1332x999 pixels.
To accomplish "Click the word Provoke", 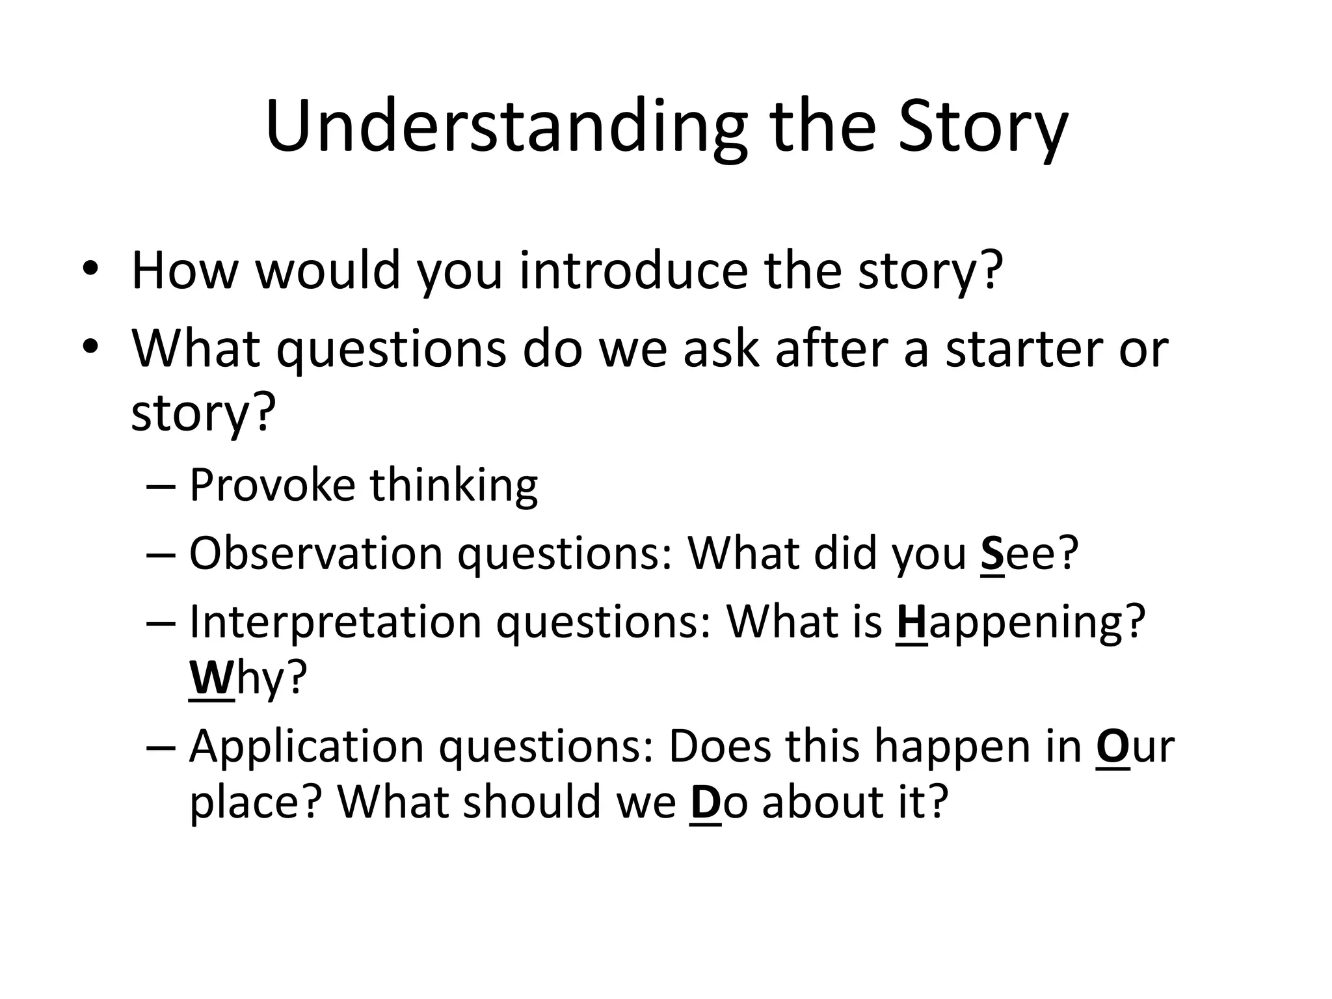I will click(272, 485).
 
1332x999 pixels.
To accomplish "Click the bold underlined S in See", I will click(992, 553).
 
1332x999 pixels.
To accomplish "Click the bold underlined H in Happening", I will click(911, 622).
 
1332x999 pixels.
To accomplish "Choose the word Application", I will click(306, 747).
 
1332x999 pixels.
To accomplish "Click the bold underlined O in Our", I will click(1112, 747).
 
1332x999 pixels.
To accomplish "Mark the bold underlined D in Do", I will click(705, 802).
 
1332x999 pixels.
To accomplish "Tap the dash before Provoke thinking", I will click(160, 486).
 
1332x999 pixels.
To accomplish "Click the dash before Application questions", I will click(160, 747).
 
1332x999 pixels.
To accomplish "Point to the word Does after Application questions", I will click(719, 747).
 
